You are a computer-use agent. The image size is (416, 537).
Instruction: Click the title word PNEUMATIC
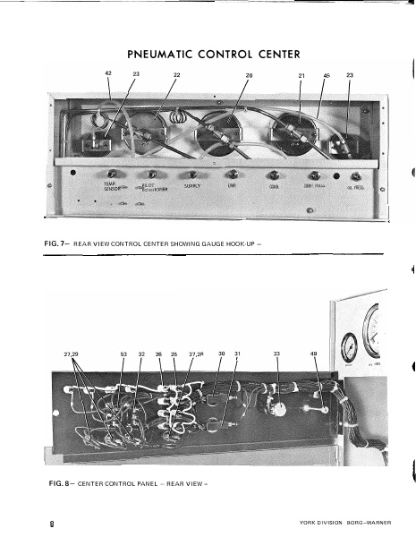point(163,54)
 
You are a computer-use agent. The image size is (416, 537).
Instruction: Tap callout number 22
point(176,74)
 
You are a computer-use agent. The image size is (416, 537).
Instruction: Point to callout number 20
point(250,74)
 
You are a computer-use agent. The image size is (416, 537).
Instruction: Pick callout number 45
point(327,74)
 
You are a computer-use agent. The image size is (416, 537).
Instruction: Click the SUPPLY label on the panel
point(191,186)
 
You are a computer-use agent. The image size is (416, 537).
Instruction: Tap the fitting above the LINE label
point(232,174)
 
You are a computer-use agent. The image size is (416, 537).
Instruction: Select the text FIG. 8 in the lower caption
point(57,483)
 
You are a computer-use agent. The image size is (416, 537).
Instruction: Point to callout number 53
point(124,355)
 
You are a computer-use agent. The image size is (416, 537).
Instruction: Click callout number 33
point(276,355)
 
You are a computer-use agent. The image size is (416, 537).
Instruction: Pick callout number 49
point(314,355)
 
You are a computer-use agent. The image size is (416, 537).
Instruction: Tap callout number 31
point(237,355)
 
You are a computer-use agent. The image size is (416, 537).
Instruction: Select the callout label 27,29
point(72,355)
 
